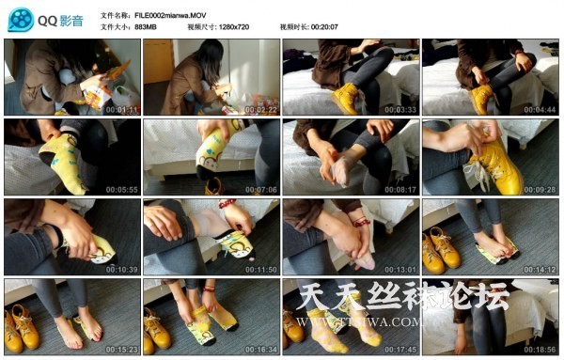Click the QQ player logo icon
tap(20, 18)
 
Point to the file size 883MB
tap(146, 27)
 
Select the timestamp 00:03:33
tap(399, 109)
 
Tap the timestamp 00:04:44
tap(539, 109)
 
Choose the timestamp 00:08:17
tap(399, 189)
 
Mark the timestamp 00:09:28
tap(539, 189)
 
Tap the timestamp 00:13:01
tap(399, 269)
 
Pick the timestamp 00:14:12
tap(539, 269)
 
